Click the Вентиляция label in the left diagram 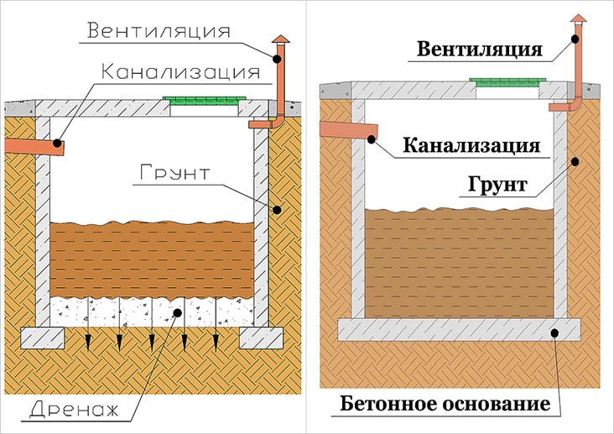pyautogui.click(x=159, y=32)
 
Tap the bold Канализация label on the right pyautogui.click(x=471, y=145)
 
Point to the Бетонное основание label pyautogui.click(x=445, y=405)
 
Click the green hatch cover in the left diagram pyautogui.click(x=206, y=101)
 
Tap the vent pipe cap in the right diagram pyautogui.click(x=578, y=18)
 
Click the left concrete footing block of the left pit pyautogui.click(x=43, y=337)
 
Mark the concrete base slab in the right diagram pyautogui.click(x=459, y=328)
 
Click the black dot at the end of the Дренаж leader pyautogui.click(x=177, y=312)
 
